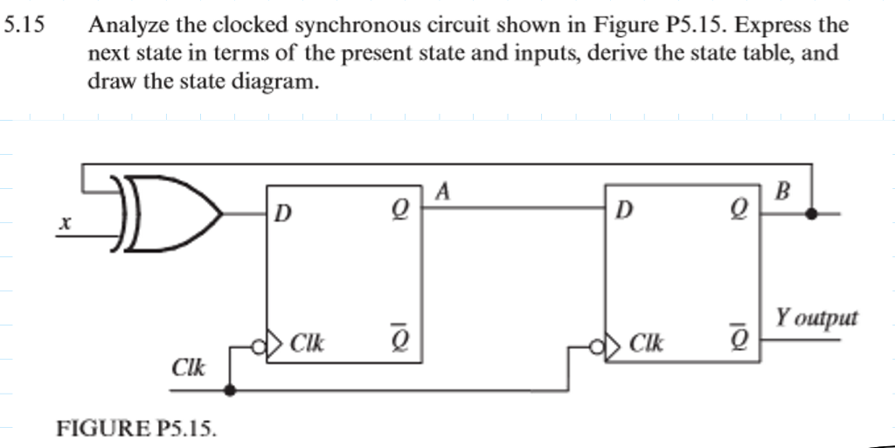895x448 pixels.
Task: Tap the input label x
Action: [62, 225]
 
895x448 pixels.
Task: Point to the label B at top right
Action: [782, 191]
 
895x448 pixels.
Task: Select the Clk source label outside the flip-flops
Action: [188, 367]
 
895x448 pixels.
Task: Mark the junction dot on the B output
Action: [814, 212]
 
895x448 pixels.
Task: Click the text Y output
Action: [816, 318]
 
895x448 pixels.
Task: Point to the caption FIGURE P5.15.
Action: [135, 428]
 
